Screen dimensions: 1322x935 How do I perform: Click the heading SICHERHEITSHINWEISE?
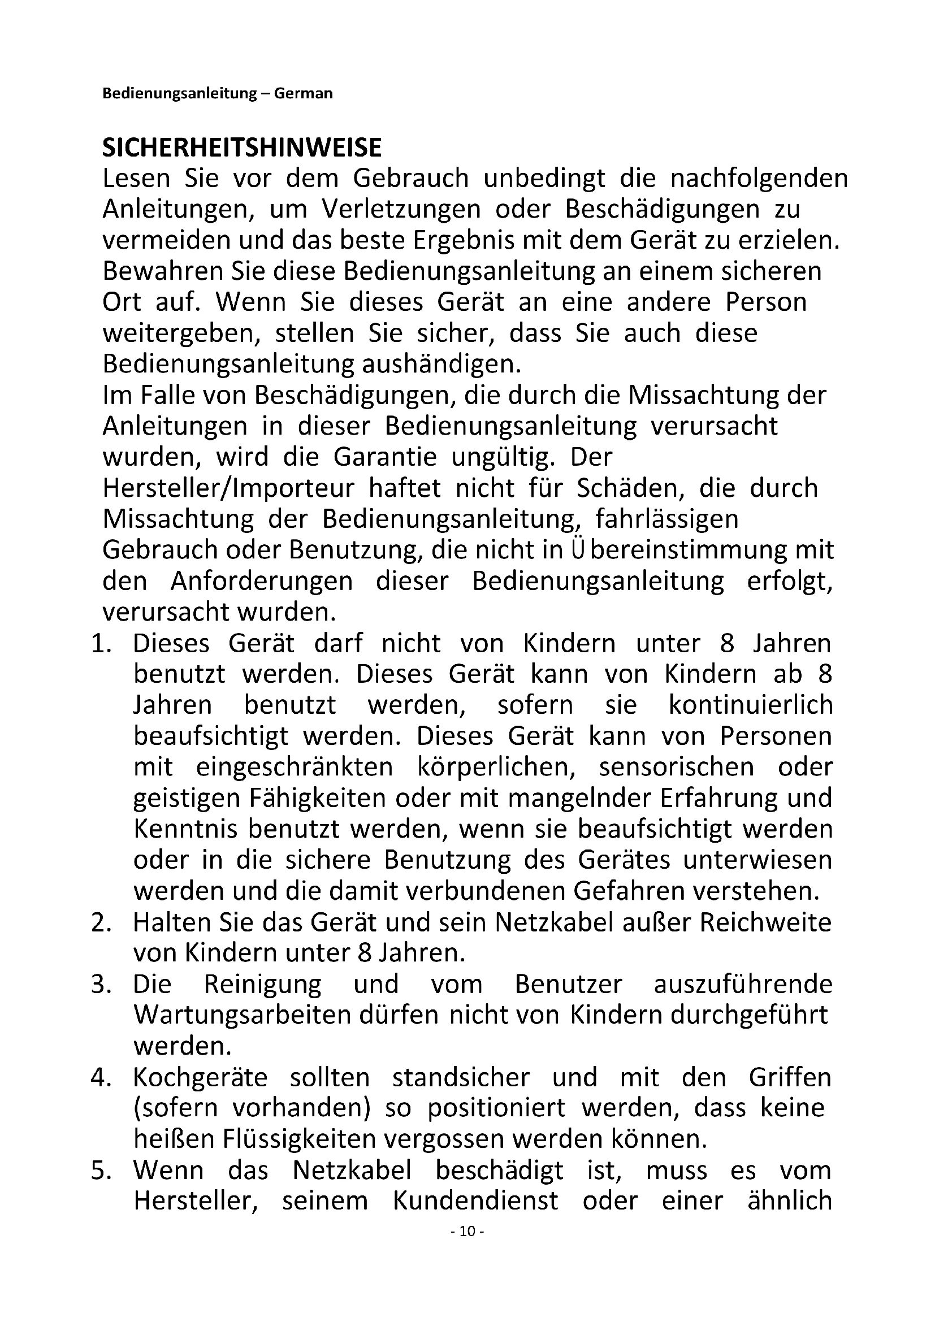point(242,148)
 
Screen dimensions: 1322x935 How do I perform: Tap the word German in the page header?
point(304,93)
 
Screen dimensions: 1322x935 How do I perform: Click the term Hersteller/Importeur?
point(228,489)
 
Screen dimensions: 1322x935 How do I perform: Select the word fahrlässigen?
point(666,520)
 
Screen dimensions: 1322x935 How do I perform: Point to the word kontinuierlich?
point(751,706)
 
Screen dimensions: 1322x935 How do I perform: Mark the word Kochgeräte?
point(200,1078)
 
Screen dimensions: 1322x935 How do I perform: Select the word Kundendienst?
point(475,1202)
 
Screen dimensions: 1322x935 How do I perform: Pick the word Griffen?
point(790,1078)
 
